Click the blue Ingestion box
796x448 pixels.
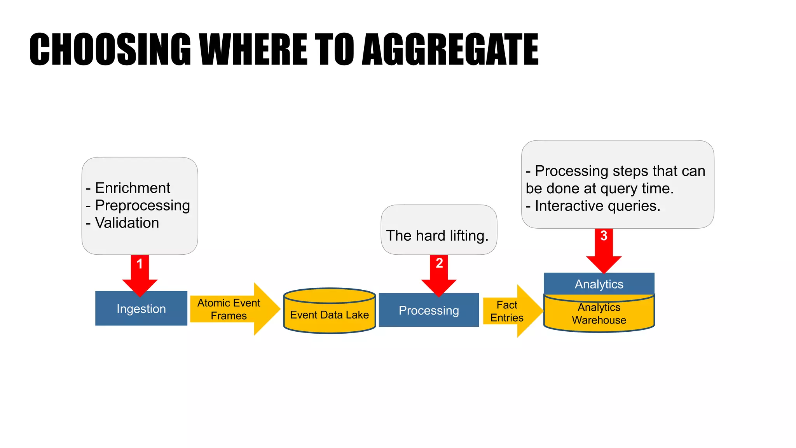click(x=141, y=309)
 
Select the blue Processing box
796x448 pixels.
click(x=429, y=310)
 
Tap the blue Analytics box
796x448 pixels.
click(x=599, y=284)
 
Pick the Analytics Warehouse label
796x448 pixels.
click(x=599, y=314)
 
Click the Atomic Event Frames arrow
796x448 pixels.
click(x=229, y=309)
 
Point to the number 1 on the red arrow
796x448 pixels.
click(x=140, y=264)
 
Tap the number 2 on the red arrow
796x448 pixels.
click(x=439, y=263)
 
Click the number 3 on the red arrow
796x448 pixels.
click(x=604, y=236)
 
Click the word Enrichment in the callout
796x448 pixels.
click(x=133, y=188)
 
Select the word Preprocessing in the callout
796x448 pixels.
click(x=142, y=205)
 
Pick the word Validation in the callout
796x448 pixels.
click(x=127, y=223)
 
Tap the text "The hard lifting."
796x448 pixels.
click(x=437, y=236)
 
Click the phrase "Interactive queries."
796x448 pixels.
click(x=597, y=206)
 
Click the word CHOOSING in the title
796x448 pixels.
click(x=110, y=49)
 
